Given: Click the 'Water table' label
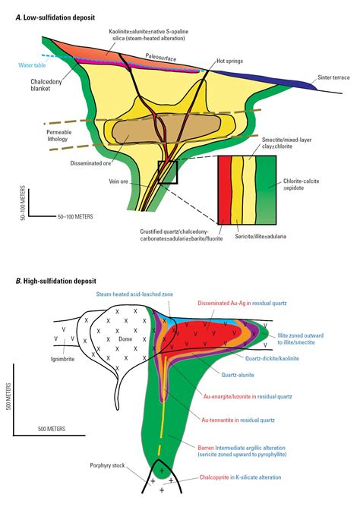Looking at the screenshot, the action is [32, 65].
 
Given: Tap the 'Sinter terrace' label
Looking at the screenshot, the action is [333, 77].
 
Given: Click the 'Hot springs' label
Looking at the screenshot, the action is [229, 61].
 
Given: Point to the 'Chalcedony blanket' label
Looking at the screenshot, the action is [46, 85].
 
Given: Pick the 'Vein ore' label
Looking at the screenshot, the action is [118, 181].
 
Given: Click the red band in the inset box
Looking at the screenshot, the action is [225, 190].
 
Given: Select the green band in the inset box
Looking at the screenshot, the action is [266, 190].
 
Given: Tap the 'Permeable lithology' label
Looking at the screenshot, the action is [59, 135].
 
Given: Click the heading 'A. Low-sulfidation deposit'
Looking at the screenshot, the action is [55, 17].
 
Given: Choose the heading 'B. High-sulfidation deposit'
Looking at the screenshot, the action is [56, 281].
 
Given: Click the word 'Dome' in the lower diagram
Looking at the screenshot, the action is [125, 339].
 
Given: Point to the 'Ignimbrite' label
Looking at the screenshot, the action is [62, 359].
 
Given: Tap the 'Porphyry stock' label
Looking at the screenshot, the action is [107, 465].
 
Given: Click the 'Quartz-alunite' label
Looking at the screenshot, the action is [238, 375].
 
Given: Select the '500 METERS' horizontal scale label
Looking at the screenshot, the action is [52, 429].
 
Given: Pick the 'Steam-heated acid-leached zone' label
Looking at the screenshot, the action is [134, 294].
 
